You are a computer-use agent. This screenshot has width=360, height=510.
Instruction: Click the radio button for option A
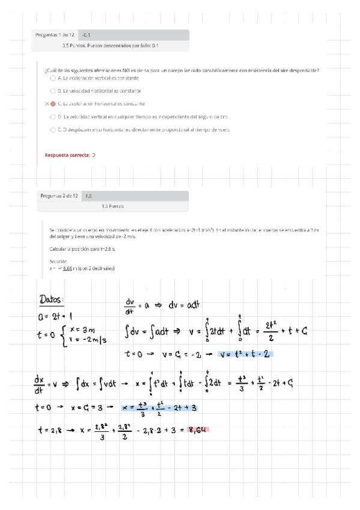tap(53, 78)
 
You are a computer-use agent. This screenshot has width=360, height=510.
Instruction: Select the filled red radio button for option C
tap(53, 103)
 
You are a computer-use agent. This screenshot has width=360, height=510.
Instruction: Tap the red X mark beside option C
tap(46, 103)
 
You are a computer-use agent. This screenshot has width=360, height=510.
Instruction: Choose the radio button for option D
tap(53, 117)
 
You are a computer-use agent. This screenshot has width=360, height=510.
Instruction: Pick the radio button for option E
tap(53, 129)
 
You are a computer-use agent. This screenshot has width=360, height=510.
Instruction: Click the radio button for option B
tap(53, 91)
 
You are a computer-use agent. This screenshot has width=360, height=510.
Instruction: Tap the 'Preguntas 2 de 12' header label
tap(59, 195)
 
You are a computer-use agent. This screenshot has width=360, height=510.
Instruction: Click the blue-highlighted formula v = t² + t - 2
tap(247, 354)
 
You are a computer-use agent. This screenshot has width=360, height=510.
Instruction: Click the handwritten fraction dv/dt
tap(130, 306)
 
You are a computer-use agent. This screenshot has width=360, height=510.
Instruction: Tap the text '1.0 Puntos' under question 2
tap(112, 206)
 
